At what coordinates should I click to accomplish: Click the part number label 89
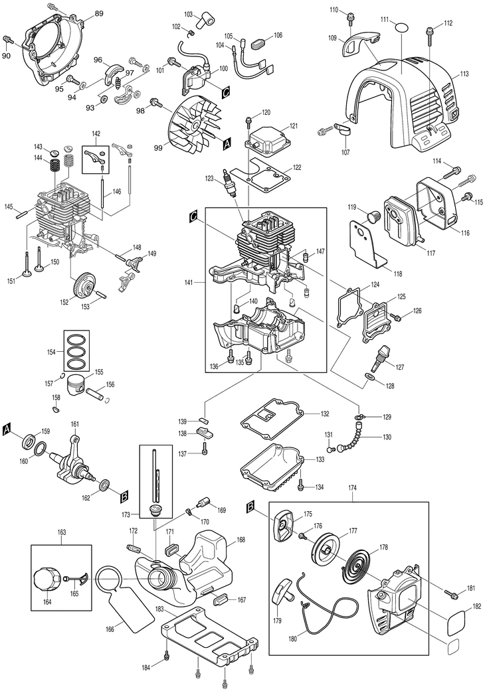coord(99,14)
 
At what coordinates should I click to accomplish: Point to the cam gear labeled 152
coord(84,286)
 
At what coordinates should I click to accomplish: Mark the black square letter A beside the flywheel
coord(227,143)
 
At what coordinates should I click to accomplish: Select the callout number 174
coord(352,489)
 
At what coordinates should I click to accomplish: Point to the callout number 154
coord(52,352)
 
